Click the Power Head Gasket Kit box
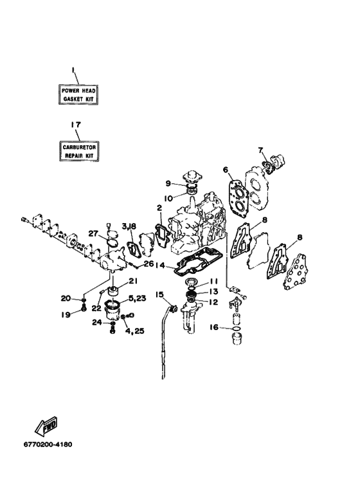tap(78, 95)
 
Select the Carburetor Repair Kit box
tap(79, 151)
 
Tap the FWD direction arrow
tap(46, 426)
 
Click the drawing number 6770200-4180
tap(48, 444)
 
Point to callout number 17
tap(75, 125)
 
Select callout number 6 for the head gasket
tap(226, 170)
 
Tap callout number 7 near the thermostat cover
tap(260, 150)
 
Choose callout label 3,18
tap(129, 226)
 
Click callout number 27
tap(93, 233)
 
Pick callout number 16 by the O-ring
tap(214, 327)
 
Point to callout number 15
tap(159, 295)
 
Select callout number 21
tap(133, 281)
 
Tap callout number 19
tap(66, 314)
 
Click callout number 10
tap(169, 199)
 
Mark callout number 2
tap(159, 208)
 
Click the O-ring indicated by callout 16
tap(236, 330)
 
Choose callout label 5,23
tap(137, 298)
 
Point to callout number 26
tap(148, 264)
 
